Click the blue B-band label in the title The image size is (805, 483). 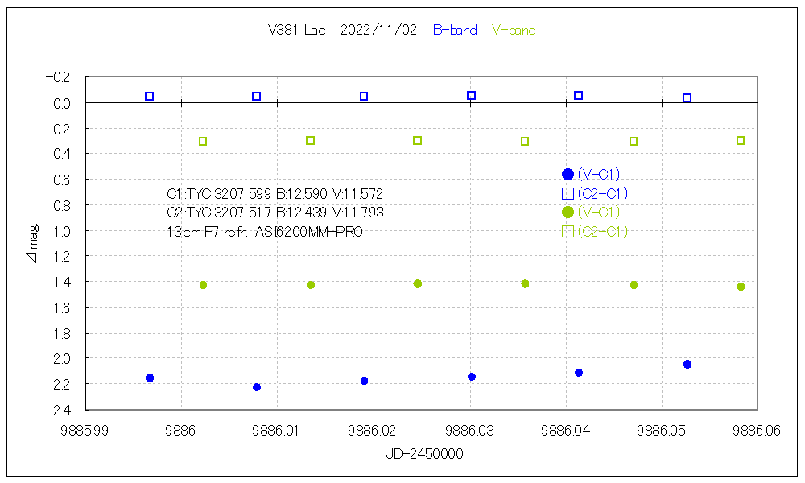pyautogui.click(x=455, y=31)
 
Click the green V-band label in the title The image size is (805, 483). pyautogui.click(x=514, y=31)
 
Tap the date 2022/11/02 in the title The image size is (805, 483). pyautogui.click(x=378, y=31)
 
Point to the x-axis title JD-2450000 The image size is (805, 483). pyautogui.click(x=424, y=455)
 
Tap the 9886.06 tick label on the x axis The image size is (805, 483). pyautogui.click(x=757, y=431)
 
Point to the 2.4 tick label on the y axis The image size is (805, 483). pyautogui.click(x=62, y=410)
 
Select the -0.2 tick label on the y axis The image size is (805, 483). pyautogui.click(x=59, y=77)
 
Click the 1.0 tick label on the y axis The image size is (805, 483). pyautogui.click(x=62, y=231)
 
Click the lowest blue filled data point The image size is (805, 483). pyautogui.click(x=257, y=387)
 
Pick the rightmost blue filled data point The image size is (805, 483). pyautogui.click(x=687, y=365)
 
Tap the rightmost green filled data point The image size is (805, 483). pyautogui.click(x=741, y=287)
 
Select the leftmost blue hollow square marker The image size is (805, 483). pyautogui.click(x=149, y=97)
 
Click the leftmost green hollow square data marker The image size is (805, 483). pyautogui.click(x=203, y=142)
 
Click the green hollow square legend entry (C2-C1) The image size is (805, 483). pyautogui.click(x=596, y=232)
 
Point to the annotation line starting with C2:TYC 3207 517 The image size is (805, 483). pyautogui.click(x=275, y=213)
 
